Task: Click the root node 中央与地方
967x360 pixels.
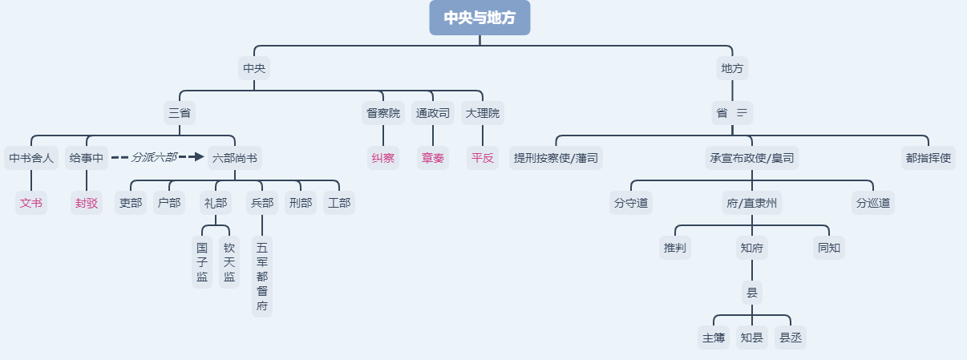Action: pos(479,18)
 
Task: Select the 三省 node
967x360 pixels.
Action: pos(180,113)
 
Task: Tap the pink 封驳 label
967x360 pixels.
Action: pos(87,203)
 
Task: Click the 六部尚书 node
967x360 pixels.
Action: pos(235,158)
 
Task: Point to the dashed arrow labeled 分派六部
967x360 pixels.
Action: pos(156,157)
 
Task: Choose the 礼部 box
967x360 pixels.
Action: pos(215,203)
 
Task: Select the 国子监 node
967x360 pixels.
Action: pos(202,262)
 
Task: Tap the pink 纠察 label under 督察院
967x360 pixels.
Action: pos(383,158)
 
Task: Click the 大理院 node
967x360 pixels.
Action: pos(482,113)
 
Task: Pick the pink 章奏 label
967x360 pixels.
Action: pos(433,158)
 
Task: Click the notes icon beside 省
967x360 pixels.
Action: pos(742,113)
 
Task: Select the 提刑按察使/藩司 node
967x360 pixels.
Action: pos(556,158)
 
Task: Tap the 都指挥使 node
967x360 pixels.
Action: pos(929,158)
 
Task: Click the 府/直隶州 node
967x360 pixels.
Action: pos(751,203)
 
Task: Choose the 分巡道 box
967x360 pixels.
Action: pos(872,203)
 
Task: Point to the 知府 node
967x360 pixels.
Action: pos(752,248)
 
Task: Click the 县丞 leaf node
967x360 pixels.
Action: pos(791,338)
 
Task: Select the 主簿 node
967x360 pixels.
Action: pos(714,338)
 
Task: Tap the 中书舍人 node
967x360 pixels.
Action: pos(31,158)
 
